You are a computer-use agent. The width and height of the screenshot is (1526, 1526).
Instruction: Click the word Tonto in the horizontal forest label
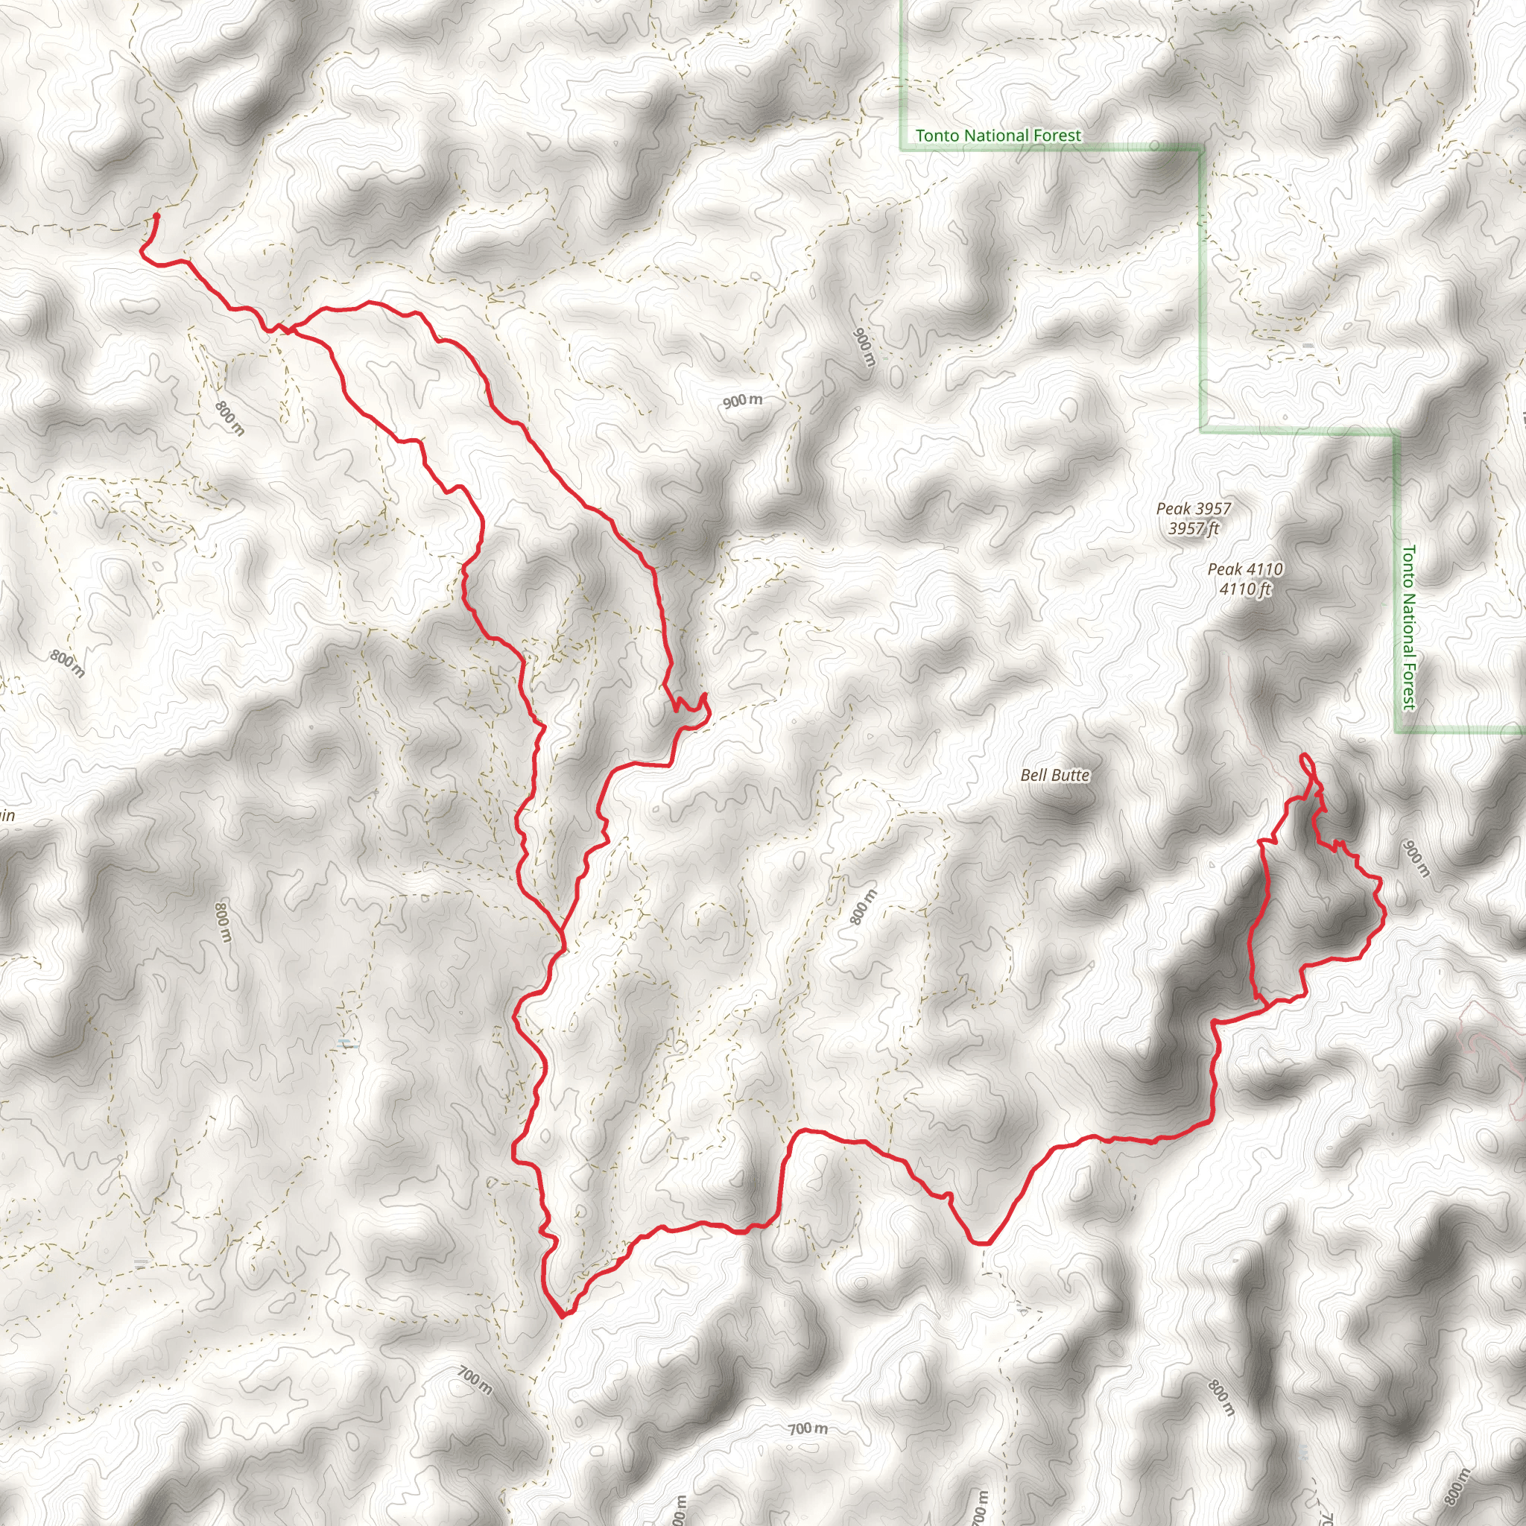coord(936,136)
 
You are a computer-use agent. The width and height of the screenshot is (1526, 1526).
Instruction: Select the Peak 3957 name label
coord(1194,509)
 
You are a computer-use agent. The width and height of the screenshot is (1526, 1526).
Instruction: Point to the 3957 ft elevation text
coord(1194,528)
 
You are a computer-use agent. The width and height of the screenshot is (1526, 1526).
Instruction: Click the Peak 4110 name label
coord(1246,569)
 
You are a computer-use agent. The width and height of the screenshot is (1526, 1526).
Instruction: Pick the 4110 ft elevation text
coord(1246,589)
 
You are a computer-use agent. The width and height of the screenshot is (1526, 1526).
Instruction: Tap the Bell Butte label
coord(1055,776)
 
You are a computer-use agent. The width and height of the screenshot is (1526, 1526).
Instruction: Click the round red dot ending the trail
coord(156,215)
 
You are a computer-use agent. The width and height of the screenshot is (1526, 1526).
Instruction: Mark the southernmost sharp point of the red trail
coord(562,1317)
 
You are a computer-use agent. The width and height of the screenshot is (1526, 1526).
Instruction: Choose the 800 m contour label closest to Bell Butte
coord(864,907)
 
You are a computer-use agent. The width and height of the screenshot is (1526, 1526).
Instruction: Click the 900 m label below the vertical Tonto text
coord(1416,858)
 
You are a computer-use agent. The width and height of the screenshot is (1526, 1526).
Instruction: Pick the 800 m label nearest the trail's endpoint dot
coord(229,418)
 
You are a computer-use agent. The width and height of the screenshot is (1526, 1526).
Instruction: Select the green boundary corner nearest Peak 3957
coord(1203,431)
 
